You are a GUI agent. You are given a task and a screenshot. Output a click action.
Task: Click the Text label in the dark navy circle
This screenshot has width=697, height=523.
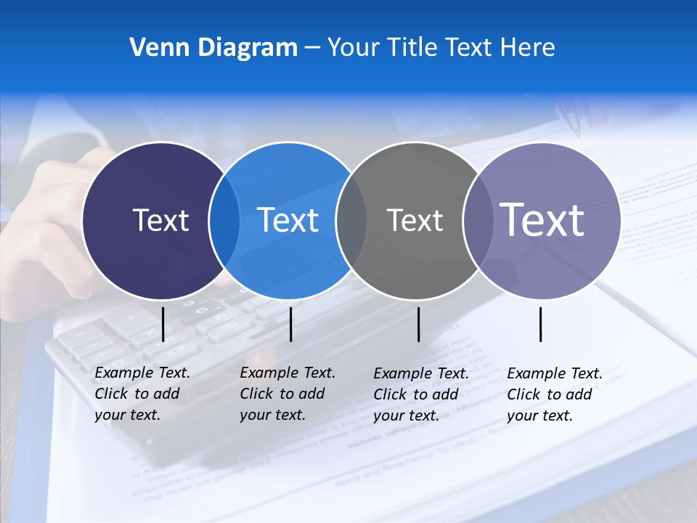160,220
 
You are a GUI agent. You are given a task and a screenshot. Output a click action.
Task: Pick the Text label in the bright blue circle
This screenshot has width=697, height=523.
288,220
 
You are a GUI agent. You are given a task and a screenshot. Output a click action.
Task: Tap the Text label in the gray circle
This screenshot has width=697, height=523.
415,220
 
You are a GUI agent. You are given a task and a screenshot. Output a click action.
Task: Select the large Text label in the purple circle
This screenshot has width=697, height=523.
542,220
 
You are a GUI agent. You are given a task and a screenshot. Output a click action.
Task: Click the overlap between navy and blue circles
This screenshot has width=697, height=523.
224,221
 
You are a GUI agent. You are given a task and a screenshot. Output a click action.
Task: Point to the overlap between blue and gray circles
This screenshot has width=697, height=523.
351,221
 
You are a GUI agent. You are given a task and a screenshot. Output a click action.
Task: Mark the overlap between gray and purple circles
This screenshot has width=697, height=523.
478,221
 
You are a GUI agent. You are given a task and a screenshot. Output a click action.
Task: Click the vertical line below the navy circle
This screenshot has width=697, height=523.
163,324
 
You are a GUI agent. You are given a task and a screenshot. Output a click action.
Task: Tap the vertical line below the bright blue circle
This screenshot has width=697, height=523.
290,324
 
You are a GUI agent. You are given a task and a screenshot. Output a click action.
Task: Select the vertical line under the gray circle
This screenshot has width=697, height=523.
419,324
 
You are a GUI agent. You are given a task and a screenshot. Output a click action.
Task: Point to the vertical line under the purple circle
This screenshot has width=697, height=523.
541,324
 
